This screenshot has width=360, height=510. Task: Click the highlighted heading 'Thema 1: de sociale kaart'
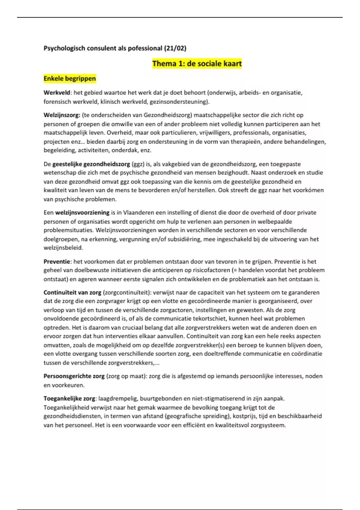coord(197,64)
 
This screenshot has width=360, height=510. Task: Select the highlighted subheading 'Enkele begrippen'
coord(70,79)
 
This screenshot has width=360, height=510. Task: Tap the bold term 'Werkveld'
coord(57,93)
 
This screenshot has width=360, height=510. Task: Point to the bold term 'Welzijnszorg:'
coord(62,115)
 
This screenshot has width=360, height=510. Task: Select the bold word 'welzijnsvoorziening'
coord(82,213)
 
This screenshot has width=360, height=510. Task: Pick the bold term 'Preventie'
coord(57,262)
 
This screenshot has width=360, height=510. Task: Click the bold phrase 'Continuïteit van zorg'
coord(72,292)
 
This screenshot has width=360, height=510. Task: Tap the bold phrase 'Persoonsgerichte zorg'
coord(74,376)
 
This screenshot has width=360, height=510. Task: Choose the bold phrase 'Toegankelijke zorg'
coord(69,399)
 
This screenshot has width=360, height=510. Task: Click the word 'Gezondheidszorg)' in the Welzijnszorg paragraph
coord(168,115)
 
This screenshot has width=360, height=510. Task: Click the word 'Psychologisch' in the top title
coord(64,48)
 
